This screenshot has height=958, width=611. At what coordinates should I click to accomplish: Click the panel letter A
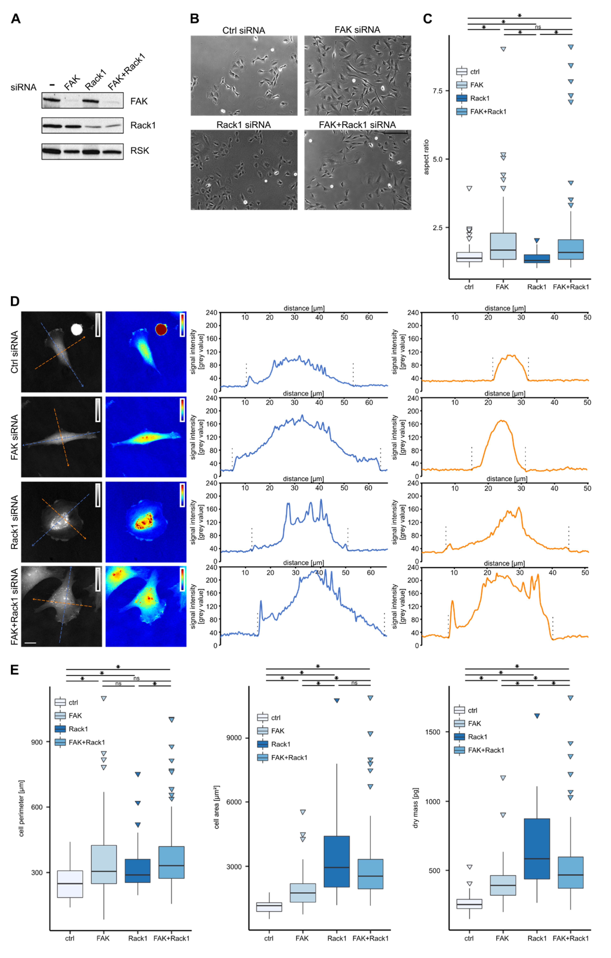[16, 19]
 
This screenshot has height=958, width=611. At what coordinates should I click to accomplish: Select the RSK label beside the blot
[139, 151]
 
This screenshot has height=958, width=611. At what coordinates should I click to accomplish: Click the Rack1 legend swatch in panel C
[462, 98]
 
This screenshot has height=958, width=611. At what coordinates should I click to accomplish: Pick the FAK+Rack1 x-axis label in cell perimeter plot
[171, 938]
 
